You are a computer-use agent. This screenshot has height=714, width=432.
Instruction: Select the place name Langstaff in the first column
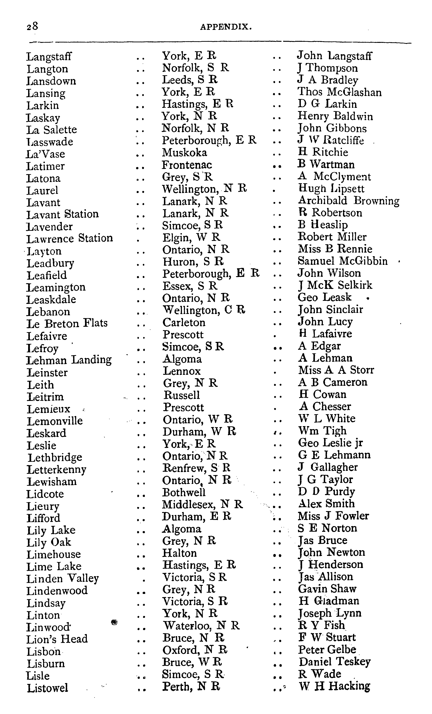pos(49,57)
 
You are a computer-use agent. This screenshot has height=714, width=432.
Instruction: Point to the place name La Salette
pos(52,129)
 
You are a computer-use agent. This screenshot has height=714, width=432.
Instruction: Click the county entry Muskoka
pos(184,152)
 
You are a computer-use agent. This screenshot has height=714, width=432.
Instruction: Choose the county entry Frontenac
pos(187,165)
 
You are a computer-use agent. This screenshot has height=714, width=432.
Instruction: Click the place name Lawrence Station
pos(70,239)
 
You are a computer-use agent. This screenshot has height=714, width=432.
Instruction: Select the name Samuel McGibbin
pos(343,261)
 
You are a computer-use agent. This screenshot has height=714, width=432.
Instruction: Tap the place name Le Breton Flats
pos(67,323)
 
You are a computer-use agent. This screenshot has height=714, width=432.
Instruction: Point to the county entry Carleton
pos(184,322)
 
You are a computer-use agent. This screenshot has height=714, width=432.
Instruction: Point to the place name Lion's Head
pos(57,639)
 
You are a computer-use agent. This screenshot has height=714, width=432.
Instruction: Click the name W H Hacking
pos(335,686)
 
